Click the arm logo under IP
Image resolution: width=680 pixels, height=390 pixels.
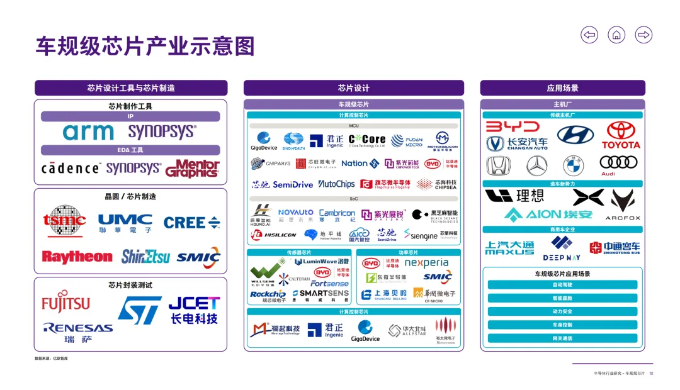(x=88, y=132)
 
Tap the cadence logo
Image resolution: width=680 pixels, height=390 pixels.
(x=71, y=168)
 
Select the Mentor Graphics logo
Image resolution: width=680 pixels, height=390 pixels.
(x=192, y=168)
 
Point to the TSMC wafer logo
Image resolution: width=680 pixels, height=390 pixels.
(x=64, y=221)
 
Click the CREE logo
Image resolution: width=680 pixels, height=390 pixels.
(x=192, y=222)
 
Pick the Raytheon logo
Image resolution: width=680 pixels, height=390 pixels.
(x=77, y=257)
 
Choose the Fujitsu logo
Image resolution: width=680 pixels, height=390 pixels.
(x=65, y=304)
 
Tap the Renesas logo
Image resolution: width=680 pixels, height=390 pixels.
(x=78, y=331)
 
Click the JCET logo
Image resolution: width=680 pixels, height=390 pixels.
(x=194, y=309)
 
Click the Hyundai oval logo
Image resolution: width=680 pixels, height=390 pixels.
(x=575, y=135)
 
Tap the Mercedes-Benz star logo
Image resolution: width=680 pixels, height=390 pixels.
(x=537, y=165)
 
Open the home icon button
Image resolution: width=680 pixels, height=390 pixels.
(x=616, y=35)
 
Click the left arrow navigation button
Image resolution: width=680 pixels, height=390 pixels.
(x=589, y=35)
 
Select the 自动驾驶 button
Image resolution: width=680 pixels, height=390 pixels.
(x=562, y=285)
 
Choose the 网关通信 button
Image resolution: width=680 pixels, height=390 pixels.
(x=562, y=338)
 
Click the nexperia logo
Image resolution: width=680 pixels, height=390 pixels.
(x=426, y=263)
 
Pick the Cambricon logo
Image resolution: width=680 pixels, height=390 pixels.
(x=337, y=216)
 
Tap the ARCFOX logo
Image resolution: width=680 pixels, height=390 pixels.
(x=623, y=205)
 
